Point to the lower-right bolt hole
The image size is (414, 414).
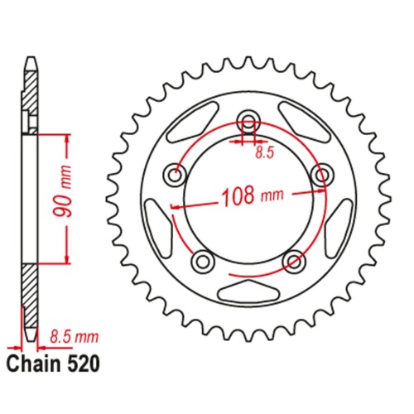coord(293,261)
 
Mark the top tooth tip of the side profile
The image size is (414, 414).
coord(30,60)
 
